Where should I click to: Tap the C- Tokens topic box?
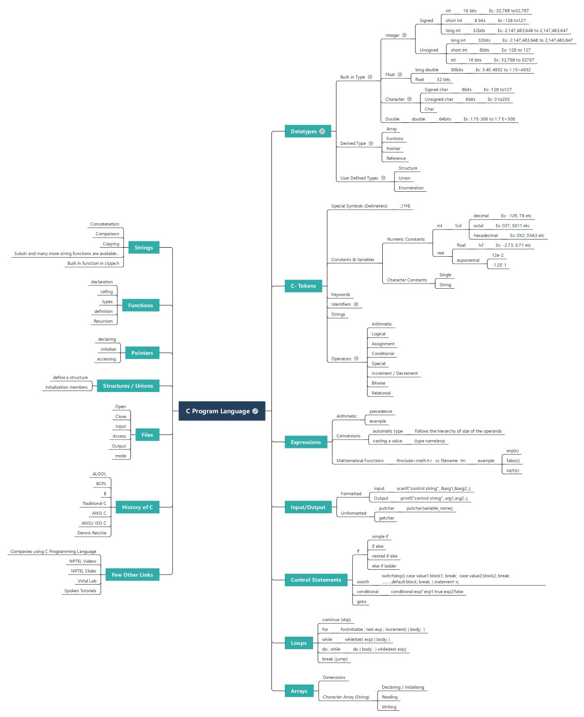303,286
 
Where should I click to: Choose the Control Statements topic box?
315,580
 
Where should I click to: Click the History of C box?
137,507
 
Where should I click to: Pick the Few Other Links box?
132,575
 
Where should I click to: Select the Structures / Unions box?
128,386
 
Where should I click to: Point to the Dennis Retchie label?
92,533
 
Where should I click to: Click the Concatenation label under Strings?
105,224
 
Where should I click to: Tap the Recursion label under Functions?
103,321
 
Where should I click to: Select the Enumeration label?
411,188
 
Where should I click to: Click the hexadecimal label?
486,236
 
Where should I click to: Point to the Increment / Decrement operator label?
394,373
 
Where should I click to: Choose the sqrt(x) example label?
513,470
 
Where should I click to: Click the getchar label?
386,518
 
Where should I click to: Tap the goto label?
361,602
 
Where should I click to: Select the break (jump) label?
335,659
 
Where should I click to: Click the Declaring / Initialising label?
403,687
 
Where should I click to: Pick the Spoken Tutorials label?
80,591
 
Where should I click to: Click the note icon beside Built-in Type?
370,77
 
